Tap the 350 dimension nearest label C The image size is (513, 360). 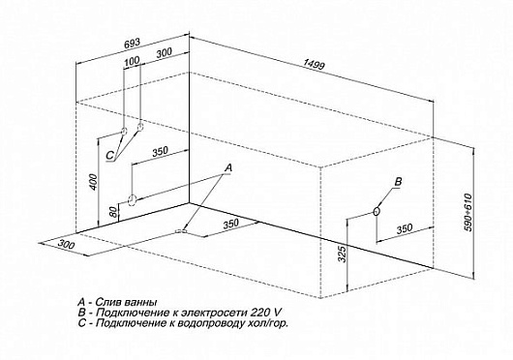pos(161,151)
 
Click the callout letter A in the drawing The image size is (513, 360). pos(228,167)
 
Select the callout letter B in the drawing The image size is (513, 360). pos(398,183)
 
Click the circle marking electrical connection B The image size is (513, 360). pos(377,212)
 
